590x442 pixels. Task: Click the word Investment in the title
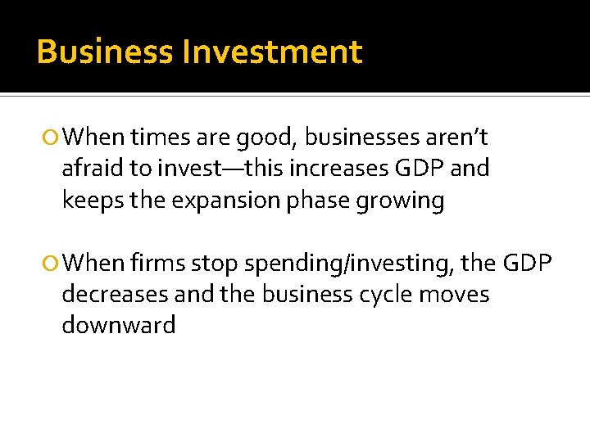click(272, 52)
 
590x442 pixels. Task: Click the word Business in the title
click(105, 52)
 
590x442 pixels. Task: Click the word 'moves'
click(454, 294)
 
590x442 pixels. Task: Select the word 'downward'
click(119, 326)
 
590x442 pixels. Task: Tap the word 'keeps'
click(92, 201)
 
